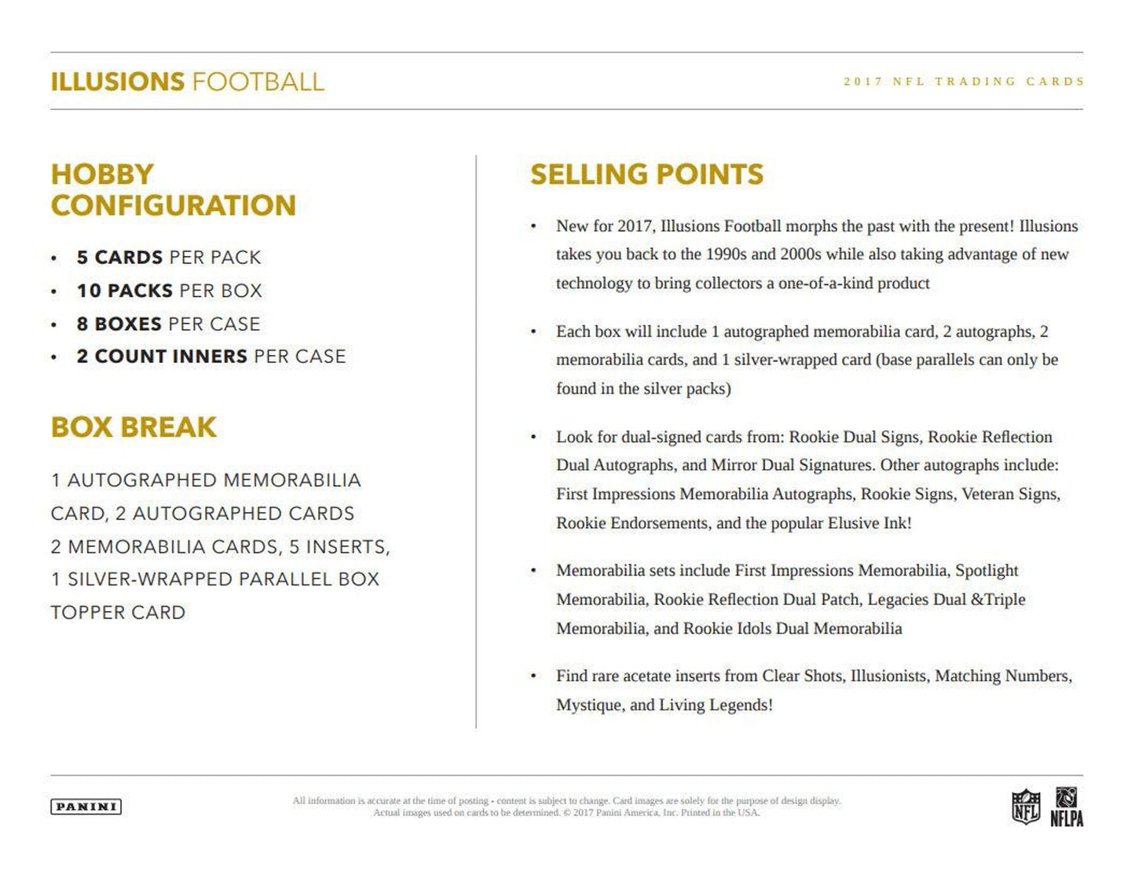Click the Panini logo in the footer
pyautogui.click(x=86, y=806)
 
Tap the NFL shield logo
pyautogui.click(x=1025, y=808)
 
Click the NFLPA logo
pyautogui.click(x=1067, y=808)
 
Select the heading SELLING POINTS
pyautogui.click(x=646, y=174)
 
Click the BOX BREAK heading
pyautogui.click(x=134, y=427)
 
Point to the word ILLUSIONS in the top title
pyautogui.click(x=117, y=82)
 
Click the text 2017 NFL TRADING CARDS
pyautogui.click(x=964, y=81)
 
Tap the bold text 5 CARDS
pyautogui.click(x=119, y=258)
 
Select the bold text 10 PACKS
pyautogui.click(x=124, y=291)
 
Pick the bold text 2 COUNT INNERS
pyautogui.click(x=162, y=357)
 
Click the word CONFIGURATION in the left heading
pyautogui.click(x=174, y=206)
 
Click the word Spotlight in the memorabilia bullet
pyautogui.click(x=987, y=570)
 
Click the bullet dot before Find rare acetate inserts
pyautogui.click(x=533, y=676)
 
